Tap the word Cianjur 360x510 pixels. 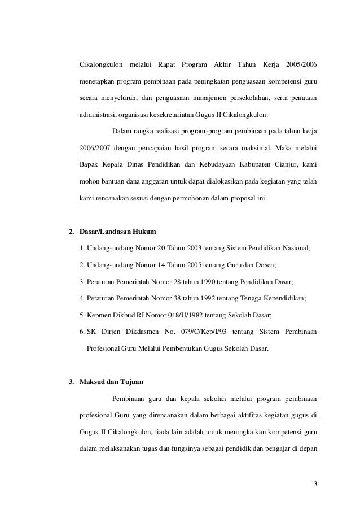285,165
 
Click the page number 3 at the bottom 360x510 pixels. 315,484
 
